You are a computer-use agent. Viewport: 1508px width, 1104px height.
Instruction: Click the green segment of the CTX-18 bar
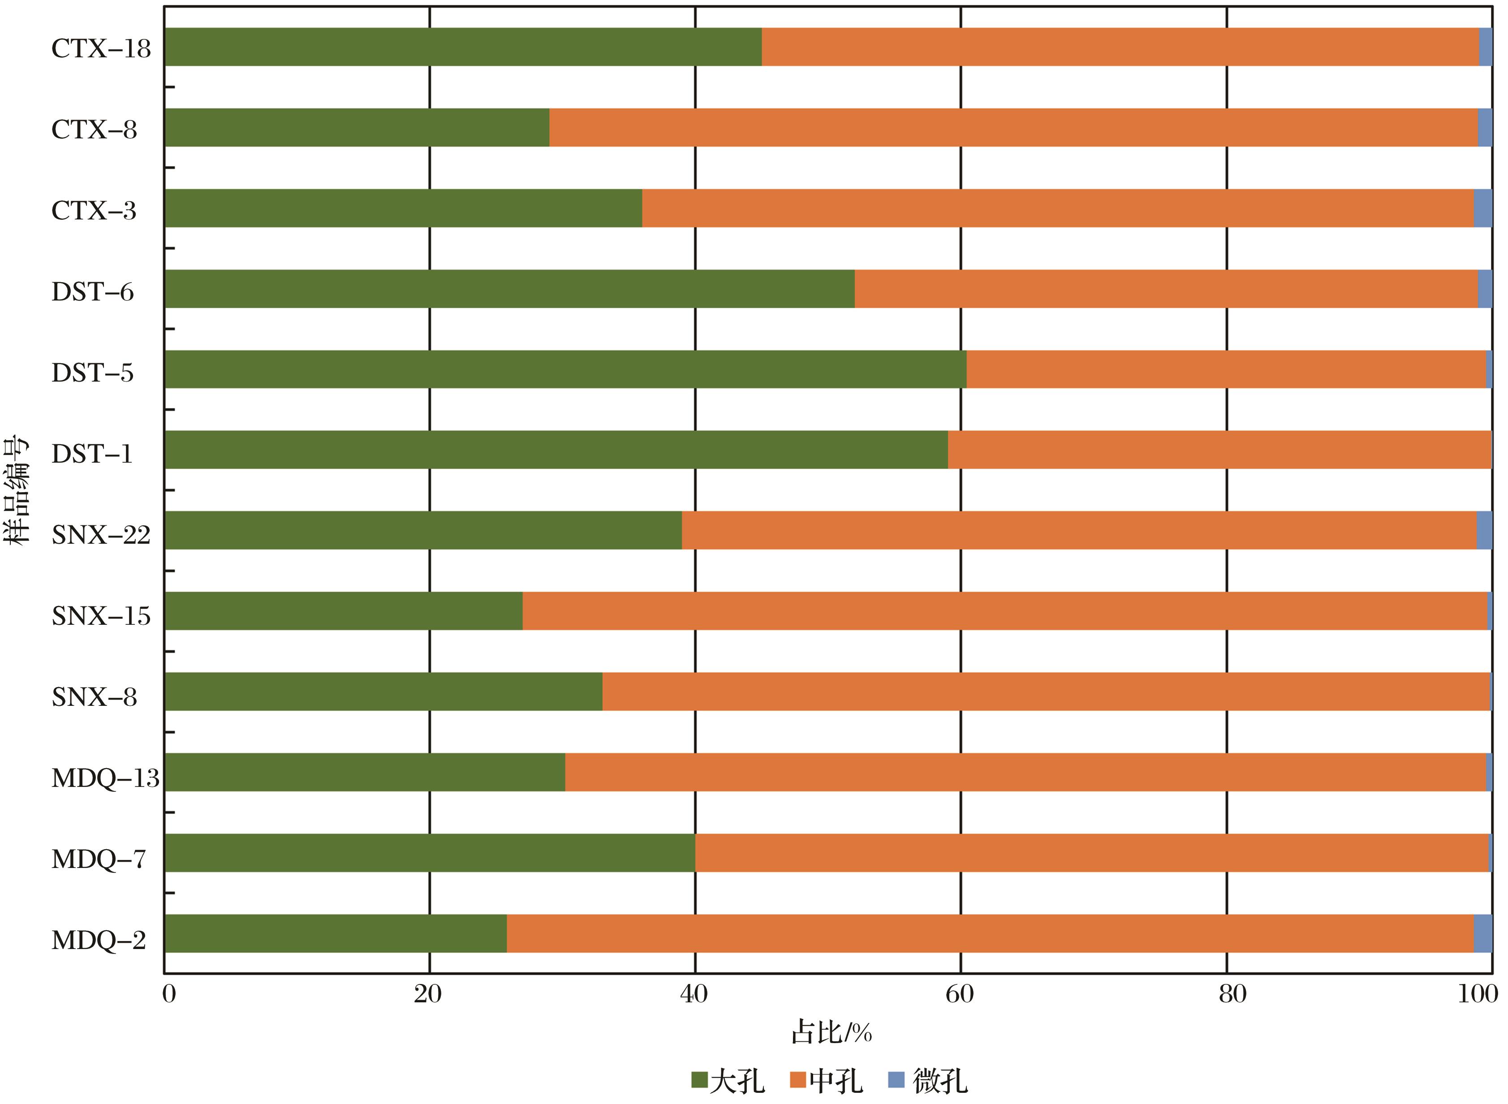462,47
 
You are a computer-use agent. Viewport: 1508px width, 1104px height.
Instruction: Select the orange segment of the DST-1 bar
1219,450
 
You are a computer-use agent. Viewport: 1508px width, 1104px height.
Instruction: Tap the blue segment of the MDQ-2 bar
1482,934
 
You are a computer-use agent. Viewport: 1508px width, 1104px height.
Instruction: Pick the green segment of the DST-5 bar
565,369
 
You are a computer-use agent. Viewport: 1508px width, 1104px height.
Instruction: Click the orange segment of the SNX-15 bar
1005,611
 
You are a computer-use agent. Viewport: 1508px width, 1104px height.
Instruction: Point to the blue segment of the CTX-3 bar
1482,208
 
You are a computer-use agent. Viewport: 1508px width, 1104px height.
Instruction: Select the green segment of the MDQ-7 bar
429,853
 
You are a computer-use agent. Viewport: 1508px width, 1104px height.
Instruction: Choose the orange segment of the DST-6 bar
1166,289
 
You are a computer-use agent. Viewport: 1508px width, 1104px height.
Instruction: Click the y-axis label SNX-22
101,535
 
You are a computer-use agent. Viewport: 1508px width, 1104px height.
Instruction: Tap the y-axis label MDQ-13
105,778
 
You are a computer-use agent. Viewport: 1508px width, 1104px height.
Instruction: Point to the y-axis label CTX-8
94,129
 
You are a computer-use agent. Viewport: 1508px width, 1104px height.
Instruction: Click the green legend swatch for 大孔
699,1080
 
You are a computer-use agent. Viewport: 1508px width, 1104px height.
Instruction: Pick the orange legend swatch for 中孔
797,1080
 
